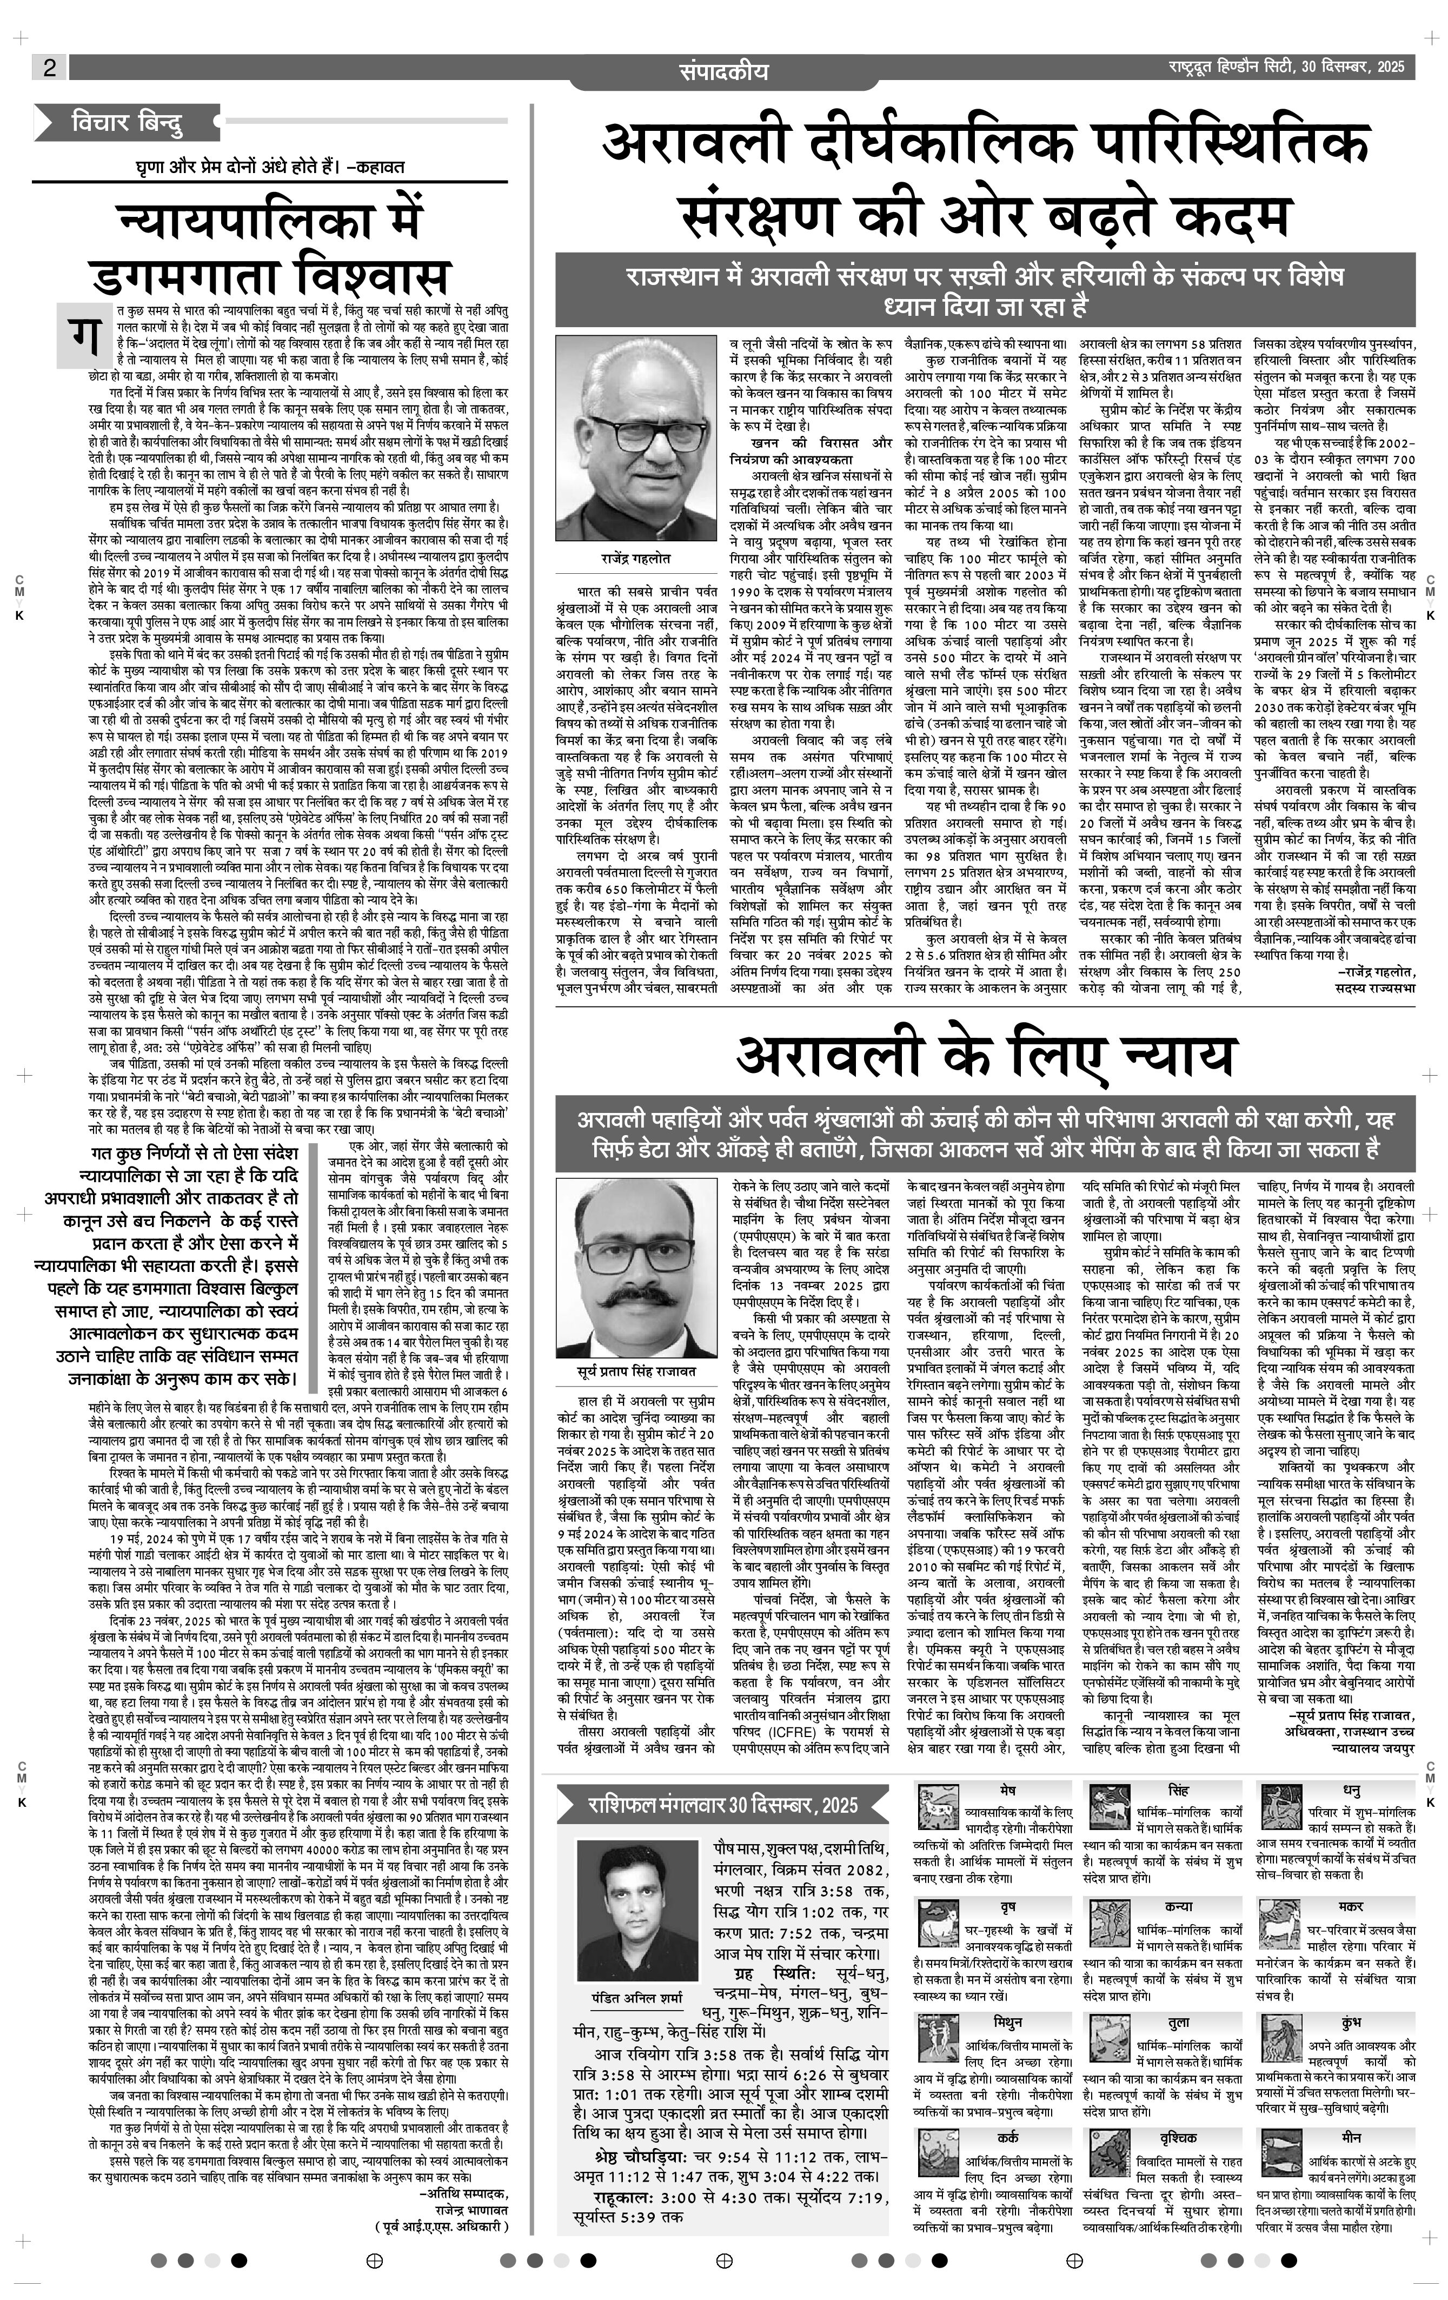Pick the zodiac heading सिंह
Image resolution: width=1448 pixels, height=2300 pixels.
click(x=1178, y=1787)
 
